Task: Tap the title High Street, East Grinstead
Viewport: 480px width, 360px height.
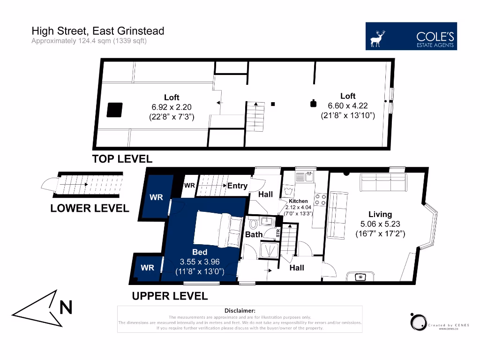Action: point(97,31)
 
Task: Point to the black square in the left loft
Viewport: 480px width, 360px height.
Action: point(114,110)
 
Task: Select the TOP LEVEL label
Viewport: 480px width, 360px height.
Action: point(122,159)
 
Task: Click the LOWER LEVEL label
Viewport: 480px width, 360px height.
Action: point(90,209)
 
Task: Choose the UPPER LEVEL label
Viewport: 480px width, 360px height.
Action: point(169,296)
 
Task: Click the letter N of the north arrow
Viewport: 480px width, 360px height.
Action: point(66,307)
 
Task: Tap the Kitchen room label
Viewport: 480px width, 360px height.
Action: point(298,201)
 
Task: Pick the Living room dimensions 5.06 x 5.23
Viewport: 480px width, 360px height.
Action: point(380,224)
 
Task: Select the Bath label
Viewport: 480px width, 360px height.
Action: point(254,234)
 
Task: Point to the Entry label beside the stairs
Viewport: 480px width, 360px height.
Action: point(237,186)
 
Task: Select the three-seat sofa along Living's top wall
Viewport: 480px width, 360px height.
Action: point(383,182)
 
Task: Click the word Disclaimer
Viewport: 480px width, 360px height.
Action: point(240,310)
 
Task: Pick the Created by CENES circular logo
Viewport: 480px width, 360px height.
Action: point(417,322)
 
